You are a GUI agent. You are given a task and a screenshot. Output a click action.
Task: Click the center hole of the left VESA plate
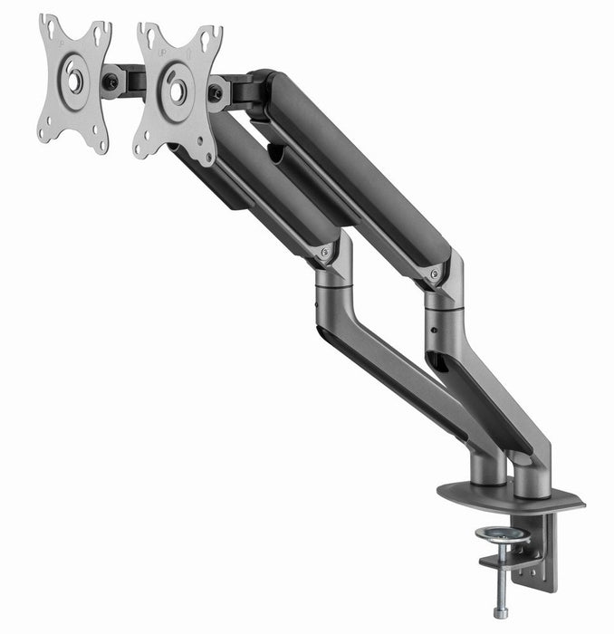coord(74,81)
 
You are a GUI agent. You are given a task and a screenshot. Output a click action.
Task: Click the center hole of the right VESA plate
coord(177,90)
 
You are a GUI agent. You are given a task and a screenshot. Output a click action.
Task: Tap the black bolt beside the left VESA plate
coord(110,82)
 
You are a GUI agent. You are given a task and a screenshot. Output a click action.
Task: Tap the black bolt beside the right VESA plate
coord(216,92)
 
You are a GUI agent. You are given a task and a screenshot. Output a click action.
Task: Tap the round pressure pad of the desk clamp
coord(503,534)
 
